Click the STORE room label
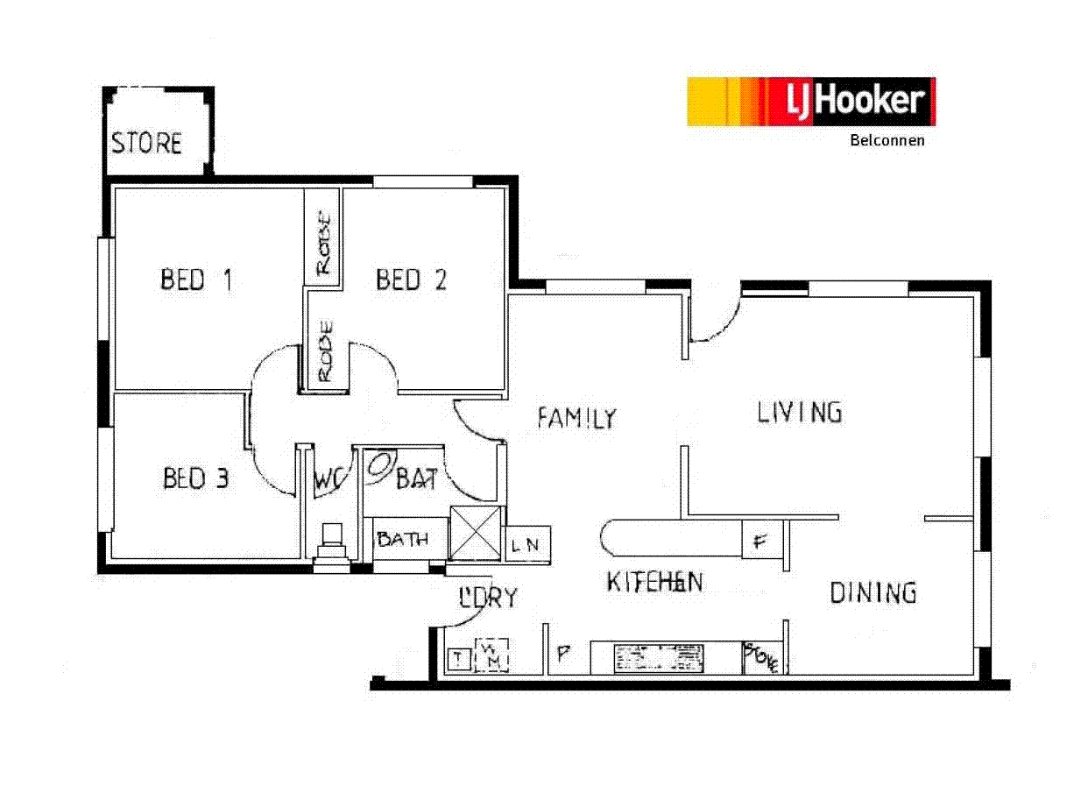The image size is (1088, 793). click(x=147, y=143)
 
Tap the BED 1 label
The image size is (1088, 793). click(x=196, y=280)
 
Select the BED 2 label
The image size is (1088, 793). click(x=411, y=280)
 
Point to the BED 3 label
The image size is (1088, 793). click(x=196, y=478)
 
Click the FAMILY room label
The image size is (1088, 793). click(x=576, y=418)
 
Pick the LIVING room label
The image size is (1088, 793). click(x=799, y=412)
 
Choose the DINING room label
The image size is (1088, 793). click(x=873, y=593)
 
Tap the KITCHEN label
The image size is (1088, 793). click(x=654, y=582)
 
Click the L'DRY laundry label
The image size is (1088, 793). click(x=489, y=598)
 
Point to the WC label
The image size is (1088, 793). click(x=328, y=480)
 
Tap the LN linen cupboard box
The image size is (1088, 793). click(x=529, y=545)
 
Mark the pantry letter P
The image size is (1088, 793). click(x=564, y=653)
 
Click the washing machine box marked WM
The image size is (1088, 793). click(x=491, y=655)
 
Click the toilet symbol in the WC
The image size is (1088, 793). click(x=333, y=541)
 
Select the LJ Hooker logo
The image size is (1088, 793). click(x=811, y=102)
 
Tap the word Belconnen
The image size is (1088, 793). click(x=887, y=139)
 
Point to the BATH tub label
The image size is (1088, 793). click(x=403, y=539)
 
